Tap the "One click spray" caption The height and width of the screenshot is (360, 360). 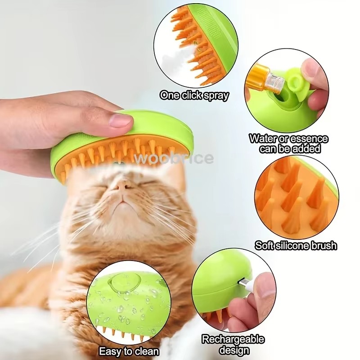194,96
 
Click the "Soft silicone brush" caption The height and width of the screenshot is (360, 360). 296,246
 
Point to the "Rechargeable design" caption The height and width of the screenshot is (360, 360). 233,345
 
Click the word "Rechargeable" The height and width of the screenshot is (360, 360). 233,340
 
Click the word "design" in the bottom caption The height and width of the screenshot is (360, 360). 233,350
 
